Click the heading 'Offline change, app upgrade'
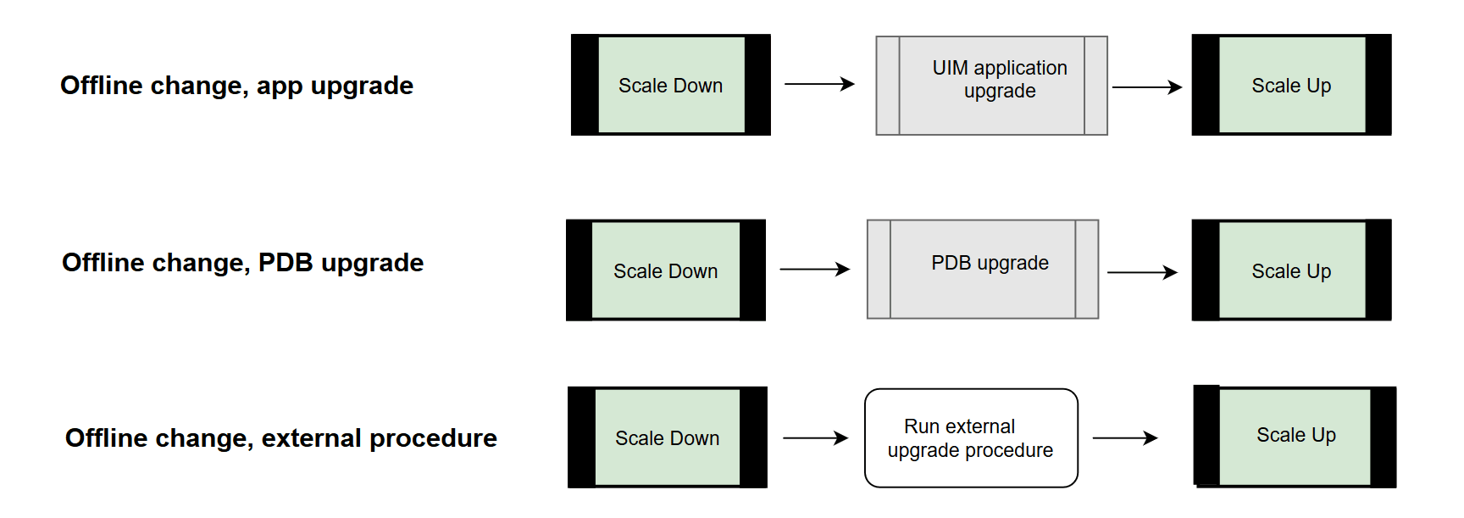coord(236,86)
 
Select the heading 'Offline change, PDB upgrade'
coord(242,263)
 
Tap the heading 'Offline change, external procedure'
coord(280,438)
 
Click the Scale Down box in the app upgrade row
coord(670,86)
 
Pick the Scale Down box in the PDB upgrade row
coord(665,270)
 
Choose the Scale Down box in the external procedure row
coord(667,438)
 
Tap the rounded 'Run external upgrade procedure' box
coord(971,438)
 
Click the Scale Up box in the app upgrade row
coord(1291,86)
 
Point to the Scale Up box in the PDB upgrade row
coord(1291,270)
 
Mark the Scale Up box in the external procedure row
coord(1295,436)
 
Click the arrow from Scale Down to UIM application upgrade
coord(818,84)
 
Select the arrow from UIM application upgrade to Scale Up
coord(1146,86)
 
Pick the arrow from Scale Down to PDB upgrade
coord(814,270)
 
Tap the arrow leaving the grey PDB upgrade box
coord(1142,272)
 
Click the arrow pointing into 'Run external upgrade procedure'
coord(815,438)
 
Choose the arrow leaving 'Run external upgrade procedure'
coord(1125,438)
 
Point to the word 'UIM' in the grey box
coord(951,68)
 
